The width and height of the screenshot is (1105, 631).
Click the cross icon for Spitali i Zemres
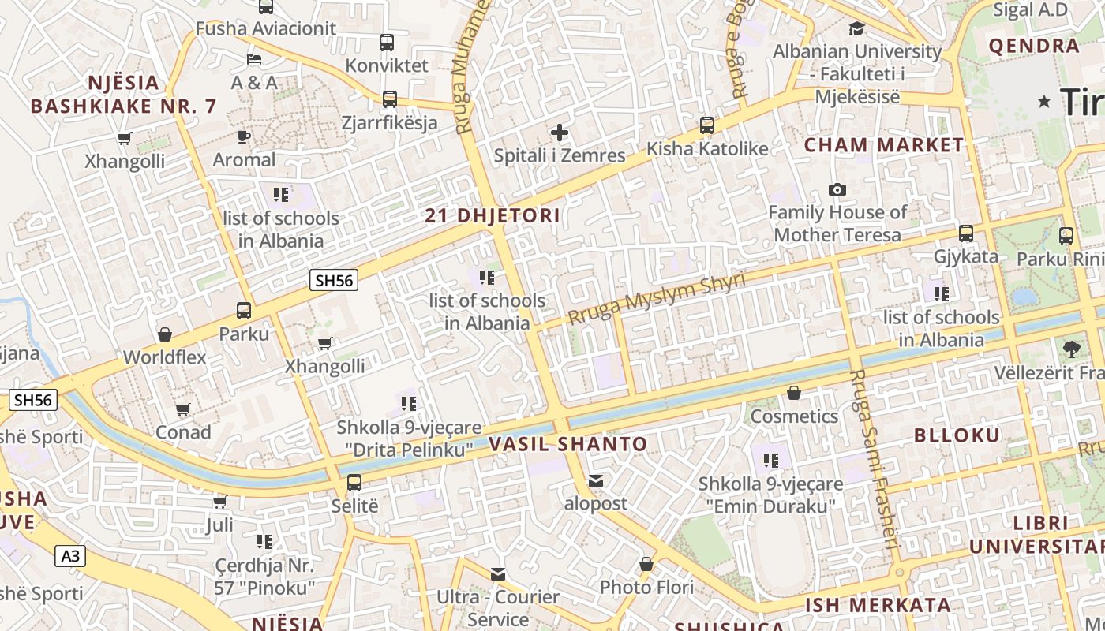coord(560,133)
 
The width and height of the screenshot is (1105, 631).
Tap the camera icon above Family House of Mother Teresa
coord(837,189)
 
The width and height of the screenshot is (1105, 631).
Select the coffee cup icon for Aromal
coord(244,137)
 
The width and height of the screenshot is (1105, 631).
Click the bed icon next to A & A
coord(253,59)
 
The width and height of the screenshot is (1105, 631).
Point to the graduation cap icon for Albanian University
coord(856,29)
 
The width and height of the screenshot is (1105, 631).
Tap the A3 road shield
coord(70,556)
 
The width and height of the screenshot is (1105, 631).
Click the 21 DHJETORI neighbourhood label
coord(493,215)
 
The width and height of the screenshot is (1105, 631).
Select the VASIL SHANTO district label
coord(567,444)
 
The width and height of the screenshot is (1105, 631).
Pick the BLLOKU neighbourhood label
coord(957,435)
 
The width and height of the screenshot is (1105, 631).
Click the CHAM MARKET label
coord(884,145)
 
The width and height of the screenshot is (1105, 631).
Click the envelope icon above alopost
coord(596,481)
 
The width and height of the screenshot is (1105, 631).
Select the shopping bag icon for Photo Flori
coord(646,564)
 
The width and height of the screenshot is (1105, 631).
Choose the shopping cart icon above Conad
coord(183,409)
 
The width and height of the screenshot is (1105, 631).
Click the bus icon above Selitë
coord(354,483)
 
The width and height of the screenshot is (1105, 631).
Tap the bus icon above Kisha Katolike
coord(707,125)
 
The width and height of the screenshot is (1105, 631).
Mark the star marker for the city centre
coord(1045,101)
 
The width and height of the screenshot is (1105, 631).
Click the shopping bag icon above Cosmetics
coord(794,393)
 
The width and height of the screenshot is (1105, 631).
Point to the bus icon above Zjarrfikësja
coord(389,99)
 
